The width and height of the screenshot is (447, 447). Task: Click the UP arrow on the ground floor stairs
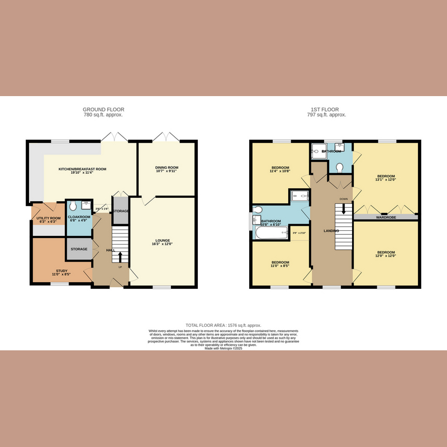[x=119, y=258]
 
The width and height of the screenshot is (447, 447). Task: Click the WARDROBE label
[x=385, y=217]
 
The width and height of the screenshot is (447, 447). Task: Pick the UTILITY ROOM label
[x=48, y=218]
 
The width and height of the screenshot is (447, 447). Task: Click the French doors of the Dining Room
[x=166, y=137]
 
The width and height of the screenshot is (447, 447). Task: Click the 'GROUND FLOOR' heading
[x=103, y=110]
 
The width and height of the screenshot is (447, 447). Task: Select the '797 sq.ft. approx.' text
[x=327, y=115]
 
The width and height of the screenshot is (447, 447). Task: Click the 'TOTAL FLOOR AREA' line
[x=223, y=325]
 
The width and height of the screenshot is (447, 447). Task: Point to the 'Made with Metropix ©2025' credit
[x=223, y=348]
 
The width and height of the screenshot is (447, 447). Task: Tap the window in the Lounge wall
[x=162, y=287]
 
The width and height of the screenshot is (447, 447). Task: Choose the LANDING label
[x=331, y=230]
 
